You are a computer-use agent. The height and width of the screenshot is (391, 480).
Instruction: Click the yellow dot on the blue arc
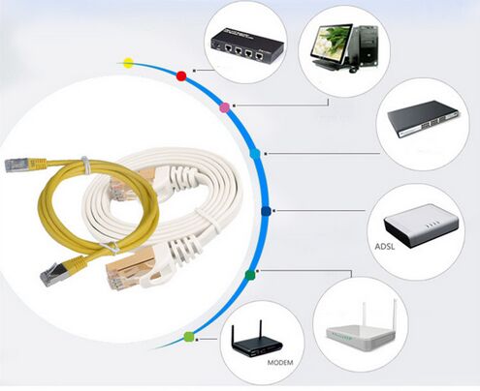[128, 63]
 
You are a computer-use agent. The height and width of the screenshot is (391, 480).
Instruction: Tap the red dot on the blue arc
[181, 76]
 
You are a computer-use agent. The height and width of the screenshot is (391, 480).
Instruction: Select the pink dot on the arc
[224, 107]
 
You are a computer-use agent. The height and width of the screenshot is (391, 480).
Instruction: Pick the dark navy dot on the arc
[266, 211]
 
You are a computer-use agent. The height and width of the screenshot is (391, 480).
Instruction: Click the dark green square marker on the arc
[250, 275]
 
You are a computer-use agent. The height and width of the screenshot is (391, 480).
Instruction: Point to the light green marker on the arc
[189, 337]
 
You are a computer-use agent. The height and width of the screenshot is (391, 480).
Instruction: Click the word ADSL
[385, 247]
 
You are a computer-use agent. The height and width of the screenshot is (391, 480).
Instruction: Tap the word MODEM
[280, 363]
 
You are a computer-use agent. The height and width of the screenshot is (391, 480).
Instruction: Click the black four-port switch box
[247, 45]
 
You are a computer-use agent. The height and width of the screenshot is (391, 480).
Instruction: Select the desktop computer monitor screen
[332, 44]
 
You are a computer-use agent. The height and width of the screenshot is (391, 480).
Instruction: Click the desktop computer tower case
[367, 46]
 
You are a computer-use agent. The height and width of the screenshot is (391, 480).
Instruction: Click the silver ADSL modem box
[421, 226]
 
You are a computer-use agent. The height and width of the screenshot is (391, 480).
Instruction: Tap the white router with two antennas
[361, 332]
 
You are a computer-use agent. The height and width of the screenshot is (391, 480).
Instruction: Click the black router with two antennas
[257, 343]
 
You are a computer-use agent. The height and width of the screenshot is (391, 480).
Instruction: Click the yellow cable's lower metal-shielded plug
[54, 273]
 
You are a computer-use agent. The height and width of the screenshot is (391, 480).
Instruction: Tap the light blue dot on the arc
[255, 154]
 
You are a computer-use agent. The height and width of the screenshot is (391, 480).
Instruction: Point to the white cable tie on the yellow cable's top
[84, 165]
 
